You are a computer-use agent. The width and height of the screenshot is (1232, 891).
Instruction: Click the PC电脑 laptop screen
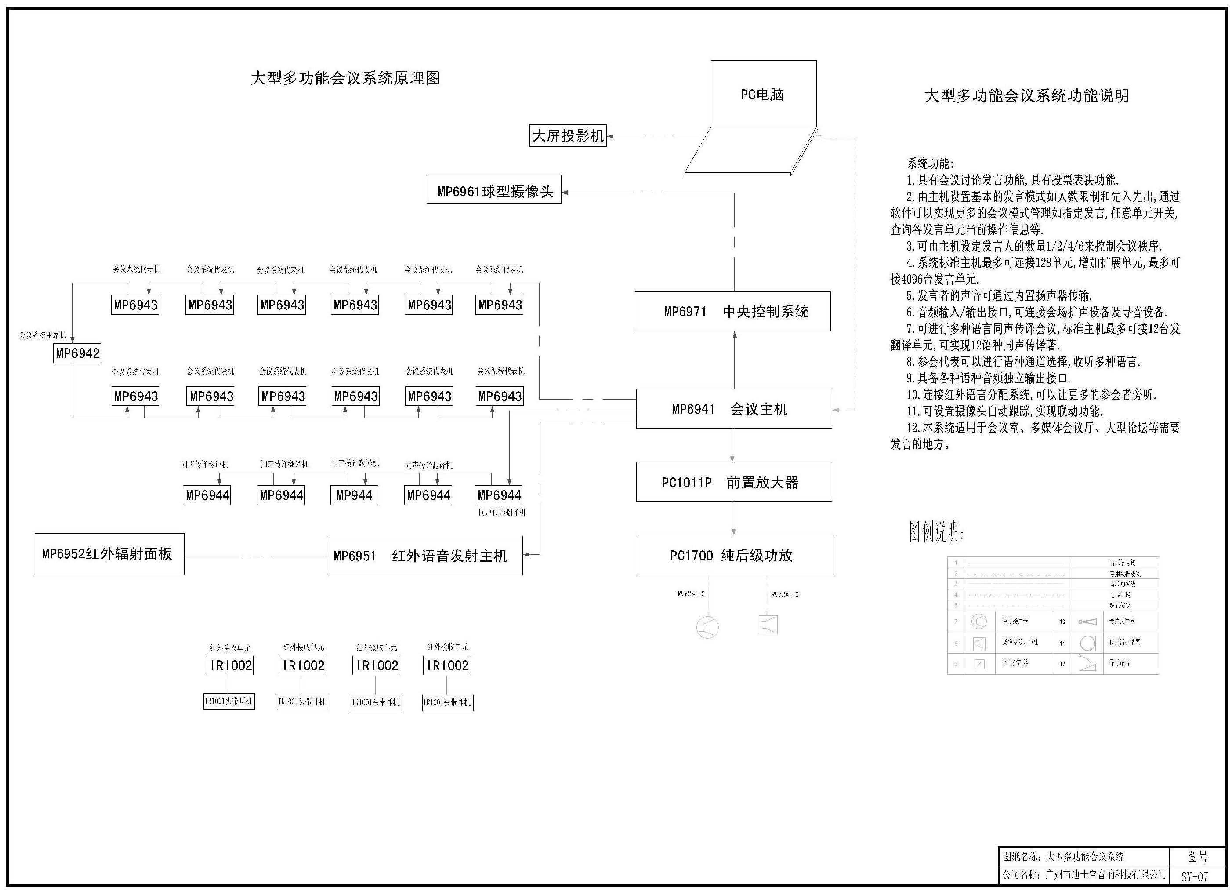click(763, 94)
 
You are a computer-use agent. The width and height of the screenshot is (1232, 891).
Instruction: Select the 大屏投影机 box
click(568, 136)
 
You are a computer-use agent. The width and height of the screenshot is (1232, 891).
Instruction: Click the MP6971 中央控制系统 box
click(733, 311)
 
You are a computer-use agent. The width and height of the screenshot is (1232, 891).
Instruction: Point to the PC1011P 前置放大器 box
click(734, 482)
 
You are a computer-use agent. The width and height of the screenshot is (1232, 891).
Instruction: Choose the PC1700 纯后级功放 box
click(735, 555)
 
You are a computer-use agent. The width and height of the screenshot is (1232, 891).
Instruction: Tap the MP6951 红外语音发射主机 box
click(424, 556)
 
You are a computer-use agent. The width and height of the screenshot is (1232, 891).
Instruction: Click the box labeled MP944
click(354, 495)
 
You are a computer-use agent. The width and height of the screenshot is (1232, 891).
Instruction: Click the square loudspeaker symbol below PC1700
click(768, 625)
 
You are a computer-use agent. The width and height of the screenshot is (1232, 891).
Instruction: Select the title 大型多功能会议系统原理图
click(345, 78)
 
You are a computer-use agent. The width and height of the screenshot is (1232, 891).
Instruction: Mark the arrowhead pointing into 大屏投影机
click(610, 136)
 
